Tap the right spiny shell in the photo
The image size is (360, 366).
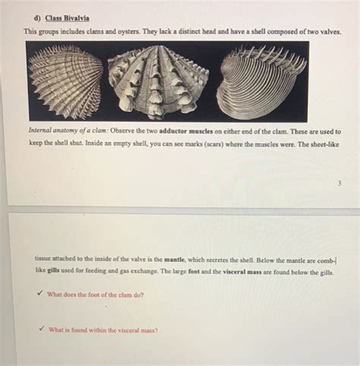click(x=261, y=81)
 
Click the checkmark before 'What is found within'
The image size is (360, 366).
click(x=40, y=330)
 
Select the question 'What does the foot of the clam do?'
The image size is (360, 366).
click(x=95, y=295)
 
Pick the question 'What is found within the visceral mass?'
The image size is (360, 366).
click(x=103, y=330)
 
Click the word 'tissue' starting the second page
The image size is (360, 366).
click(x=45, y=258)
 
